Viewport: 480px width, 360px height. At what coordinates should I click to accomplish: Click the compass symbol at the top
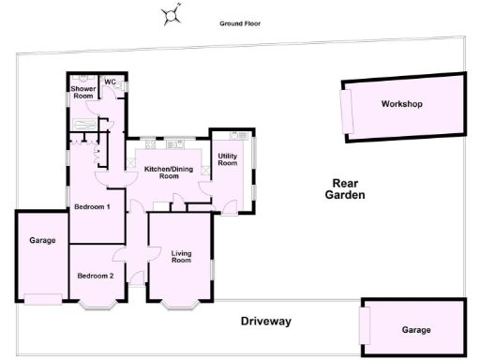pyautogui.click(x=171, y=14)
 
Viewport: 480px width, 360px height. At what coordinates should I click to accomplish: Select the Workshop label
pyautogui.click(x=401, y=103)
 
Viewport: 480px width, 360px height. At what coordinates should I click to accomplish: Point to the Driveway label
pyautogui.click(x=265, y=322)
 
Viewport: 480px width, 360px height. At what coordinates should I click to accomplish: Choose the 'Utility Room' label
pyautogui.click(x=228, y=159)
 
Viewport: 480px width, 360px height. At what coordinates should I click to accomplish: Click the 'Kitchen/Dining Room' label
pyautogui.click(x=169, y=172)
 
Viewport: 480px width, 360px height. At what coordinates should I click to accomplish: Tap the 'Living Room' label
pyautogui.click(x=181, y=255)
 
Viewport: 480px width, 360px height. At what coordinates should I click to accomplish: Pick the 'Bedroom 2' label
pyautogui.click(x=96, y=276)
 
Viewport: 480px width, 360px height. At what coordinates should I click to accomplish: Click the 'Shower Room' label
pyautogui.click(x=82, y=92)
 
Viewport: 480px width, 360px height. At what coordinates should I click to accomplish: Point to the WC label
pyautogui.click(x=110, y=81)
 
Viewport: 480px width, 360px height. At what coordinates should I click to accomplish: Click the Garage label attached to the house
pyautogui.click(x=42, y=241)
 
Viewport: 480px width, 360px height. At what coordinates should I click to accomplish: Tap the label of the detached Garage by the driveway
pyautogui.click(x=415, y=329)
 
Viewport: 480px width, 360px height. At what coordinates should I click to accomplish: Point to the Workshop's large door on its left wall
pyautogui.click(x=347, y=111)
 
